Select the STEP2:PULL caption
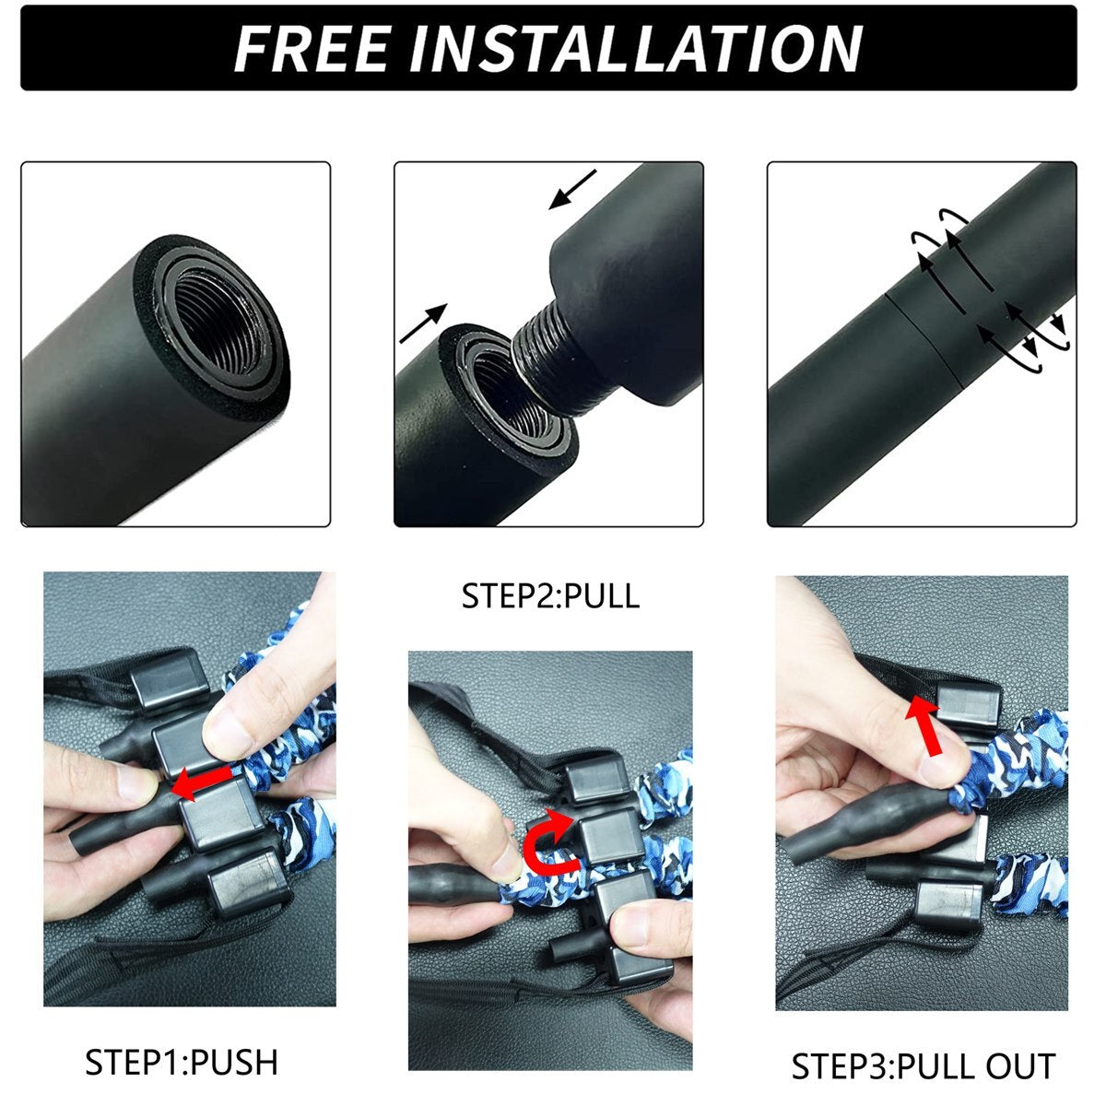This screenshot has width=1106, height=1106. point(550,595)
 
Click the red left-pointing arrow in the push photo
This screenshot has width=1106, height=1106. point(201,782)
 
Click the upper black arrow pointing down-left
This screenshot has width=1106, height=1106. point(572,190)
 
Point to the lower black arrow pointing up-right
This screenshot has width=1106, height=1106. point(423,324)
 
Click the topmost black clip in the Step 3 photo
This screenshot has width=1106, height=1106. point(969,704)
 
